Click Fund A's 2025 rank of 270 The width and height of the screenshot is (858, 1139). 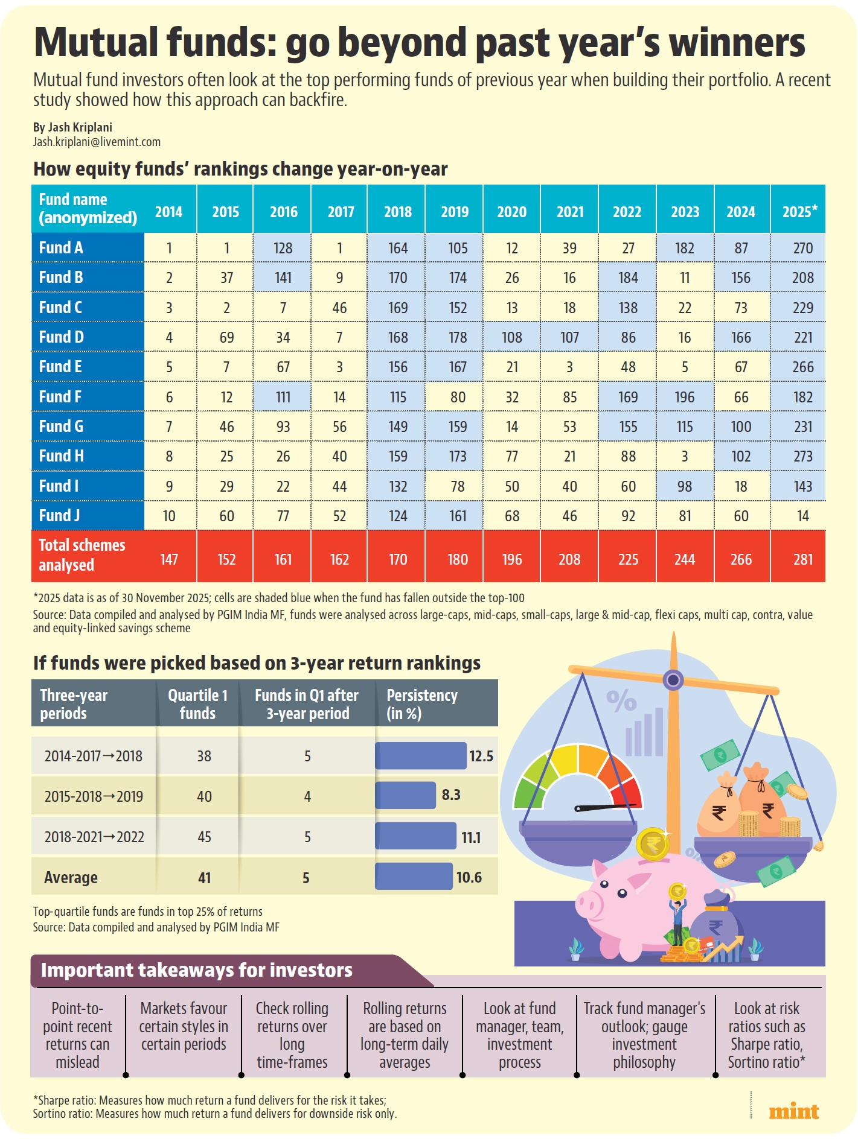pyautogui.click(x=802, y=248)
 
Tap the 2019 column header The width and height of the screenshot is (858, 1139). pyautogui.click(x=454, y=212)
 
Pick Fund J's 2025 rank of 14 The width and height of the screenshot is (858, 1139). pyautogui.click(x=802, y=516)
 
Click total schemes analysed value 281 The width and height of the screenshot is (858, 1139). pyautogui.click(x=802, y=559)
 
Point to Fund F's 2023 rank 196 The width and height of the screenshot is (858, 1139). pyautogui.click(x=684, y=397)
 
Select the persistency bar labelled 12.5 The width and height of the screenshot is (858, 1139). pyautogui.click(x=421, y=755)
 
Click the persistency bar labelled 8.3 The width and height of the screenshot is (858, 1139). pyautogui.click(x=405, y=795)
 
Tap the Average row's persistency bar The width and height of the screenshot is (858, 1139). pyautogui.click(x=414, y=877)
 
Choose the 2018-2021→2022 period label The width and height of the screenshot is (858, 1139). pyautogui.click(x=94, y=837)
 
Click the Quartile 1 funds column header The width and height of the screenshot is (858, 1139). pyautogui.click(x=197, y=704)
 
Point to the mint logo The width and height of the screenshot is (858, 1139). pyautogui.click(x=793, y=1111)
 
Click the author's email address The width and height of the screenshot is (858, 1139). pyautogui.click(x=97, y=142)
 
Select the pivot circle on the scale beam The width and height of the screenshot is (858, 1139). pyautogui.click(x=673, y=680)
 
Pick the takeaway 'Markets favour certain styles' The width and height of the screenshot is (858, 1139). pyautogui.click(x=184, y=1026)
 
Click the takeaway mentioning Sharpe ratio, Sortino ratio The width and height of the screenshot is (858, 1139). pyautogui.click(x=766, y=1035)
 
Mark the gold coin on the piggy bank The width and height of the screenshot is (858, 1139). pyautogui.click(x=653, y=844)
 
